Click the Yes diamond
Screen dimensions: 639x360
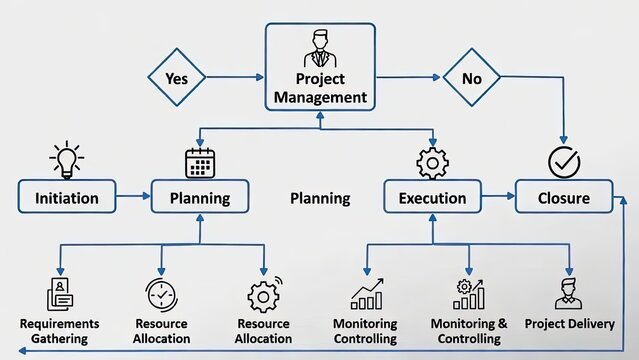(176, 77)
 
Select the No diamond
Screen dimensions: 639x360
(472, 77)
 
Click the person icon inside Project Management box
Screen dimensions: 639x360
(320, 48)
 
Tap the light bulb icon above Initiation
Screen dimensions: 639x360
(66, 159)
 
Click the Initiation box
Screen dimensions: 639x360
(66, 197)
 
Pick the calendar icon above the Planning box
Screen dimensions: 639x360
(200, 161)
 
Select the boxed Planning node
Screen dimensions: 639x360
(200, 197)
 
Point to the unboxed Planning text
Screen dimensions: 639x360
(320, 198)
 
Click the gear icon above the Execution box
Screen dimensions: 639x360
(432, 161)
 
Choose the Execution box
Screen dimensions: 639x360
(432, 197)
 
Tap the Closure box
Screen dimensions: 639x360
(565, 197)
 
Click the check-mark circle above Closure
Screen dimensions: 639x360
(563, 161)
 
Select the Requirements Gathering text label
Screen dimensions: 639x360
(59, 331)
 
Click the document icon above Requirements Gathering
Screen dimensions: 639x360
(60, 294)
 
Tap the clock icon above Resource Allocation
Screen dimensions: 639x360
(161, 294)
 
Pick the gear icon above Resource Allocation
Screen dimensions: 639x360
(263, 295)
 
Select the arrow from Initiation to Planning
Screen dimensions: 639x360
(133, 197)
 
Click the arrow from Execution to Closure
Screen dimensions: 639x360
(497, 197)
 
